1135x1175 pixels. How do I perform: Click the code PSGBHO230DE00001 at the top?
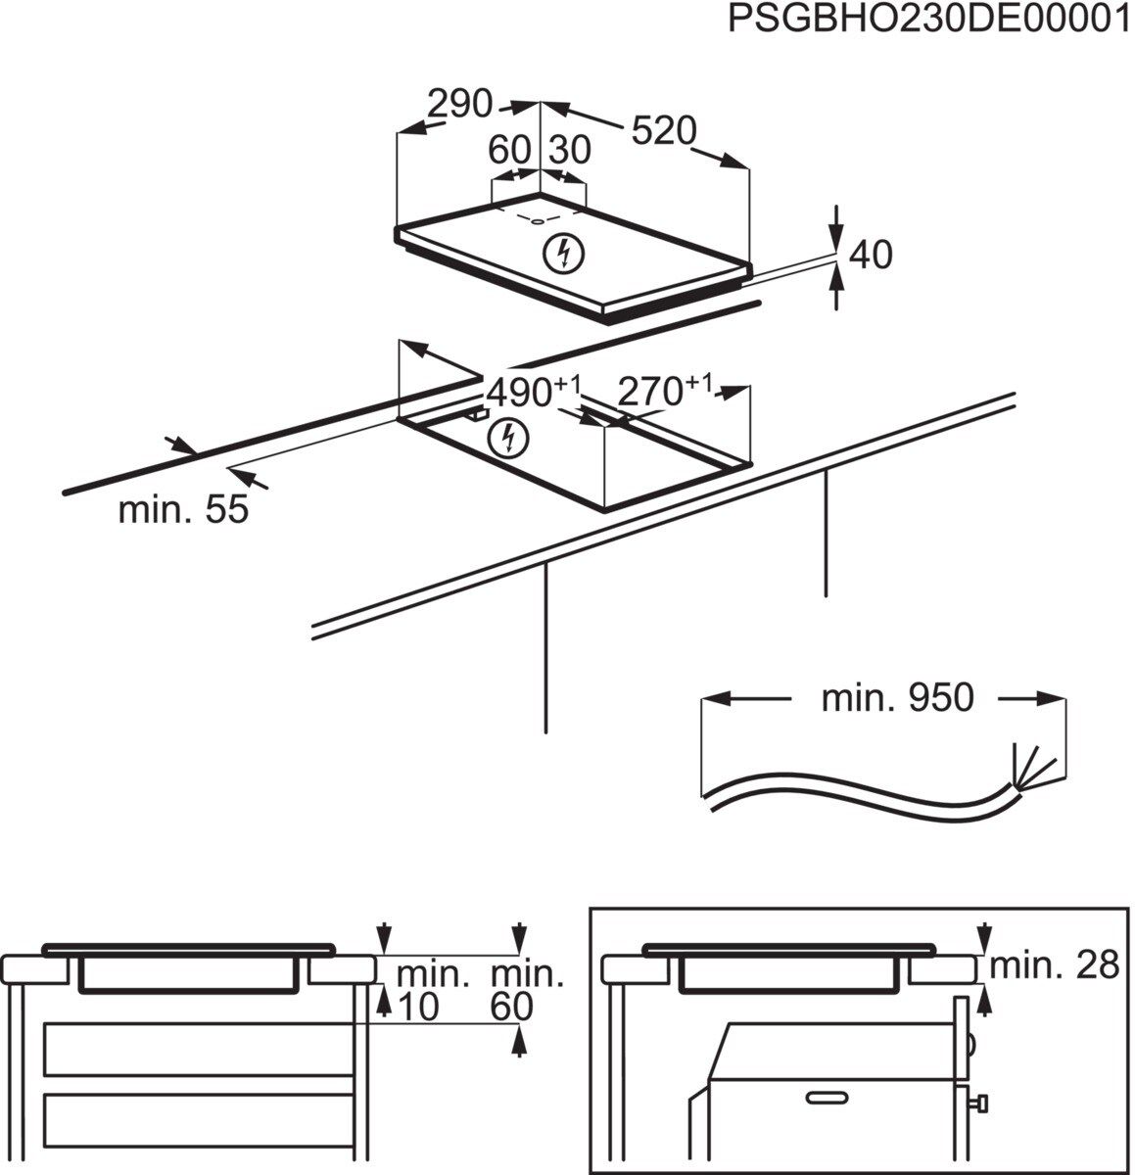pos(927,21)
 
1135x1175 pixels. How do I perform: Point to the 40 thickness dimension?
pos(871,255)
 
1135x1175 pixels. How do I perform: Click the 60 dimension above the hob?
pos(509,151)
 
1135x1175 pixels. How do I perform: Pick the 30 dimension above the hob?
pos(570,151)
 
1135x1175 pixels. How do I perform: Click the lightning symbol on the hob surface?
pos(563,254)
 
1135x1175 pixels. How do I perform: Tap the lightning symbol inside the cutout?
pos(509,437)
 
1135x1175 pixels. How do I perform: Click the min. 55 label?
pos(183,509)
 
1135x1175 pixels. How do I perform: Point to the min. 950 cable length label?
pos(897,698)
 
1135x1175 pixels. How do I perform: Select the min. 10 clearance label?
pos(432,989)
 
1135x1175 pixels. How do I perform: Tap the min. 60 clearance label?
pos(526,989)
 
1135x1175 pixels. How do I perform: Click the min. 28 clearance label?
pos(1053,965)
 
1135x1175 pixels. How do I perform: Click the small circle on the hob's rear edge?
pos(538,220)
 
